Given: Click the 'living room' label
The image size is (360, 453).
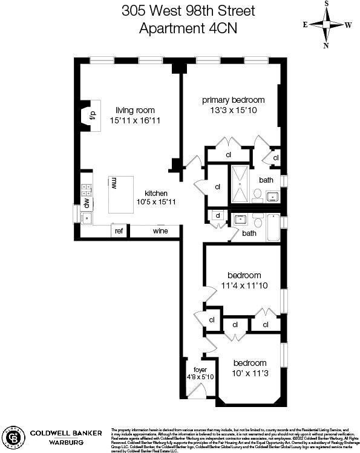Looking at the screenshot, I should pyautogui.click(x=135, y=110).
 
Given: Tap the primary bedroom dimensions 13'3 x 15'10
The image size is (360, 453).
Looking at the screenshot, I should pyautogui.click(x=234, y=110).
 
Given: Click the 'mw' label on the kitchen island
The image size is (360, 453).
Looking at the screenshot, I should pyautogui.click(x=113, y=183).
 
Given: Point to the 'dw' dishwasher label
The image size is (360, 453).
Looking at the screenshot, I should pyautogui.click(x=87, y=203).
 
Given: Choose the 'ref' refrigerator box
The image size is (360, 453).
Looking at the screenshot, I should pyautogui.click(x=119, y=231).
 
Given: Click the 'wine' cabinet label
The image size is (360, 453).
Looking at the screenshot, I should pyautogui.click(x=160, y=231).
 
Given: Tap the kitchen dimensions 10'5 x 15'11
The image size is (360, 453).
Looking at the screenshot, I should pyautogui.click(x=155, y=202).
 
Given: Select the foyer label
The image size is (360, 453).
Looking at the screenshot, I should pyautogui.click(x=200, y=370).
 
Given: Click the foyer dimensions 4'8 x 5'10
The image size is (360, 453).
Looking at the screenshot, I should pyautogui.click(x=200, y=377).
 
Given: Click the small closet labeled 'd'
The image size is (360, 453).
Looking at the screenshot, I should pyautogui.click(x=217, y=215).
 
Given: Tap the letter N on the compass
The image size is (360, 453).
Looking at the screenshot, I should pyautogui.click(x=326, y=45).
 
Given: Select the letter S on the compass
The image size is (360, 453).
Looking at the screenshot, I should pyautogui.click(x=326, y=4).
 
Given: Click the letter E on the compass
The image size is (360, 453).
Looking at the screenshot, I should pyautogui.click(x=305, y=25).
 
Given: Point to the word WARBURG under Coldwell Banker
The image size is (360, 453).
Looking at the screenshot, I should pyautogui.click(x=52, y=442).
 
